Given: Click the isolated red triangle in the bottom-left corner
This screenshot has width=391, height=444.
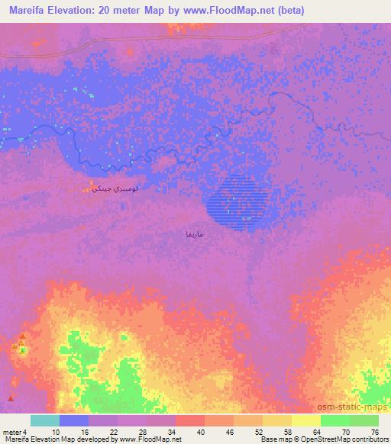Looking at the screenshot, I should click(10, 397).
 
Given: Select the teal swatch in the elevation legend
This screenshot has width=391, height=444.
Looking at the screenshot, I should click(45, 420).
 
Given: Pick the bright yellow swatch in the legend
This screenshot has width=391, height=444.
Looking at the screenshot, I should click(306, 420).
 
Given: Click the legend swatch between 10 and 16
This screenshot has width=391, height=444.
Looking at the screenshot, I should click(74, 420).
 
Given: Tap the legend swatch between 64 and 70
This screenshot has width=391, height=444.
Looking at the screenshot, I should click(335, 420).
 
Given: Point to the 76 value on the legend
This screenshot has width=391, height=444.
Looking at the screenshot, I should click(374, 433).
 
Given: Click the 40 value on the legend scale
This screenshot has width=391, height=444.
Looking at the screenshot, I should click(200, 433).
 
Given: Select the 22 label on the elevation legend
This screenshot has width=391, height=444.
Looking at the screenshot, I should click(113, 433).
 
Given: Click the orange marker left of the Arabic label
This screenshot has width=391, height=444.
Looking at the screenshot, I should click(85, 188).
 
